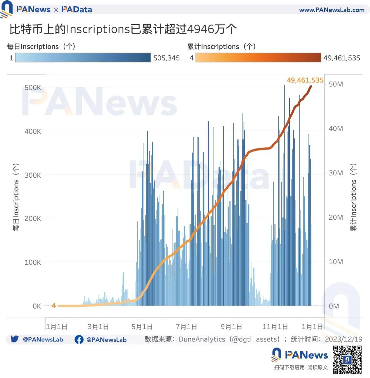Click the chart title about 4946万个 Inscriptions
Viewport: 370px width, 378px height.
[123, 29]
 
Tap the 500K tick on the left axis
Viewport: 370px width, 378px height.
[33, 88]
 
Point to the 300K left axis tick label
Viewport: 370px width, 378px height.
[33, 175]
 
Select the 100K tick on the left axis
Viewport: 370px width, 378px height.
[33, 262]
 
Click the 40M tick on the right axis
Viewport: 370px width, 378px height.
[336, 129]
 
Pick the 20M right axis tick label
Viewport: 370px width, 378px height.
[336, 217]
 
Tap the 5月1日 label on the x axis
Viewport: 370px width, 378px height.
[142, 327]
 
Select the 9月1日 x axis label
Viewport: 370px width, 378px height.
[231, 327]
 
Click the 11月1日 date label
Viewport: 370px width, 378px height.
[275, 327]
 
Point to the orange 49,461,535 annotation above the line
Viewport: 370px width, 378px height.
[305, 80]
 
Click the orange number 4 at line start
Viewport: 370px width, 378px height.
[54, 306]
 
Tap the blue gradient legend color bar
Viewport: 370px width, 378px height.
[83, 58]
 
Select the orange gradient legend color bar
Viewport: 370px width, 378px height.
[258, 58]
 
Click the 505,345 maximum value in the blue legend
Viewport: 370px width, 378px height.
[166, 58]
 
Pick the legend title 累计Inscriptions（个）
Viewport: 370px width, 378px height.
[221, 46]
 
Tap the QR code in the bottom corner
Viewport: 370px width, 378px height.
[347, 360]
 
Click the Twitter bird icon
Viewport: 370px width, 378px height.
[15, 339]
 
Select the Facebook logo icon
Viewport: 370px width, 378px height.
[79, 339]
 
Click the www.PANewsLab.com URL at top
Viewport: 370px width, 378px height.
[332, 10]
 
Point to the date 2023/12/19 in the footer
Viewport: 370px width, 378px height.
[343, 339]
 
